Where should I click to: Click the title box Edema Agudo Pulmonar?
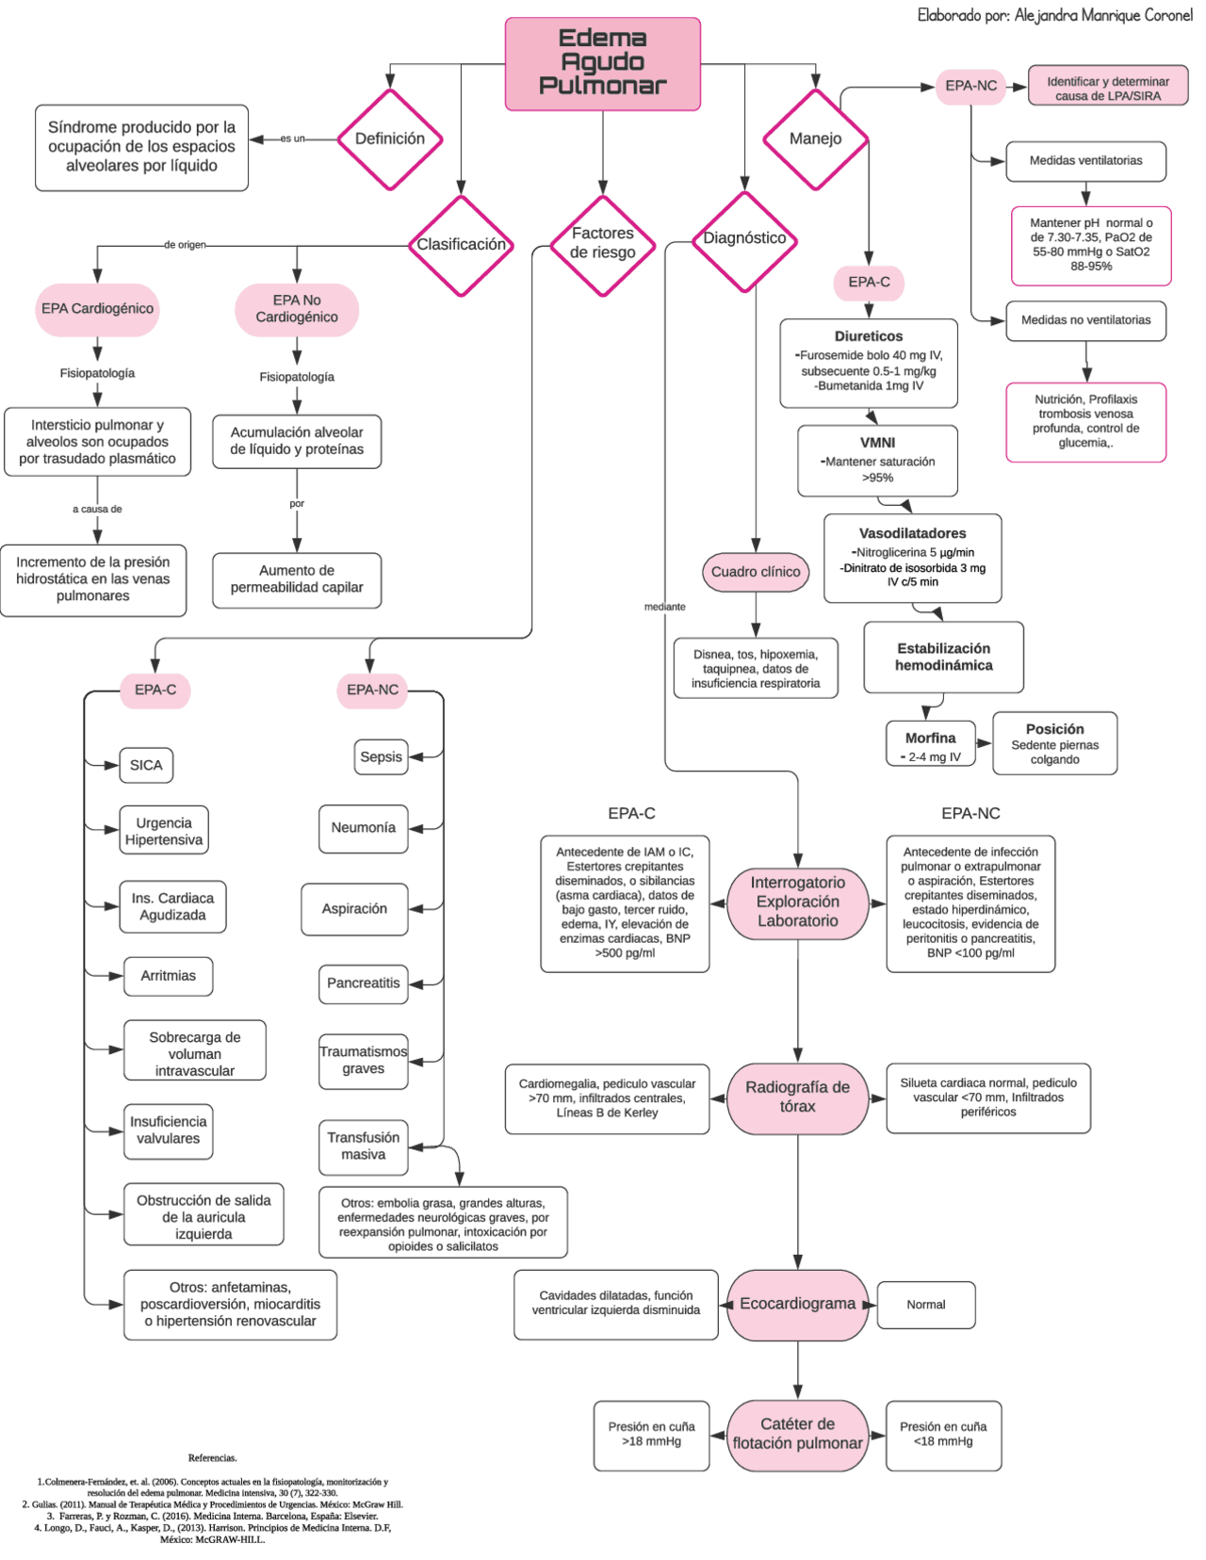602,63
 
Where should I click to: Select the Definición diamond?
389,139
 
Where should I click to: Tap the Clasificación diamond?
461,245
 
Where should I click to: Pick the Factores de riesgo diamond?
602,244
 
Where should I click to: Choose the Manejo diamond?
815,139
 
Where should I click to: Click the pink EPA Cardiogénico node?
97,309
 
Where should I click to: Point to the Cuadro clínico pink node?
755,572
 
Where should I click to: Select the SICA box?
146,765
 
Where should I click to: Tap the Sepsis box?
381,756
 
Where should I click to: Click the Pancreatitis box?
363,983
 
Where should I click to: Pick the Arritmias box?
168,976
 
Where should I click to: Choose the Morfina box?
930,744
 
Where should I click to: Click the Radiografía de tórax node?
797,1097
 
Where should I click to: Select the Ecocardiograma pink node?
797,1304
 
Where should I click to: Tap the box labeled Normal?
925,1305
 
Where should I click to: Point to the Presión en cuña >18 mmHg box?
651,1435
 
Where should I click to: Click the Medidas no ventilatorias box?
1085,320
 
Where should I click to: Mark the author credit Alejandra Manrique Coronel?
1054,15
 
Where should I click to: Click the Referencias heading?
212,1458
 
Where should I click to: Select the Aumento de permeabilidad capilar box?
297,579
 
